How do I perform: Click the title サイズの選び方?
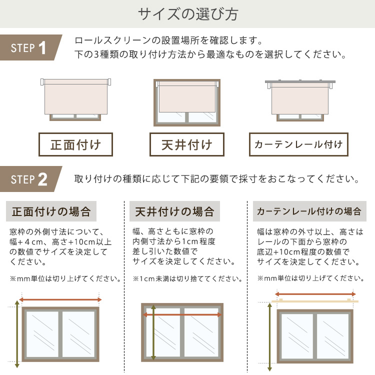188,14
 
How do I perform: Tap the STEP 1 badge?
30,47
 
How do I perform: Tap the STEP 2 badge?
30,179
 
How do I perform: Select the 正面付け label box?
75,144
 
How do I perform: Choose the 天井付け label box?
187,144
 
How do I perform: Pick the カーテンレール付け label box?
298,144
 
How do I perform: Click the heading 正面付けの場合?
51,211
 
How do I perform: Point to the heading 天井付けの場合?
174,211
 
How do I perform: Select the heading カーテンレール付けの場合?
309,211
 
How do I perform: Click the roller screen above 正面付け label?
76,96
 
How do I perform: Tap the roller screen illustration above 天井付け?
187,96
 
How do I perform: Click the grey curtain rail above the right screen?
300,81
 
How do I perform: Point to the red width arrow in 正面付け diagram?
60,299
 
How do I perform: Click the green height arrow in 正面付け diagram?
17,334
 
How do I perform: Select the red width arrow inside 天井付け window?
182,314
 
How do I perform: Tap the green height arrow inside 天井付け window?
153,332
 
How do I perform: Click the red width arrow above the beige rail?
315,294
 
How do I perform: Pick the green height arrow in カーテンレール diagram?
270,336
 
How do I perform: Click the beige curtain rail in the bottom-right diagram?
314,301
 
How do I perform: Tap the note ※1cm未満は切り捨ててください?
187,278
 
